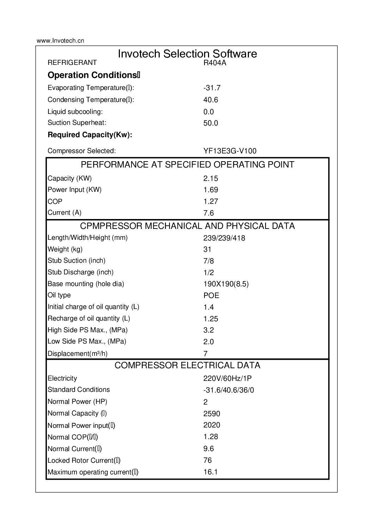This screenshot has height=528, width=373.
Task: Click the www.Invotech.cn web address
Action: (60, 41)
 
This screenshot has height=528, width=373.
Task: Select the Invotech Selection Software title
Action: (187, 54)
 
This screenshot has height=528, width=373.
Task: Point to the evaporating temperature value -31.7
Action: (212, 88)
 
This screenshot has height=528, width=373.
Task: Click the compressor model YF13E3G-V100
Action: (230, 151)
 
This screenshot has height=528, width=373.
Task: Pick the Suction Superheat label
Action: (77, 123)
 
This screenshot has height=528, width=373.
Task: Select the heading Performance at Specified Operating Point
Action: (187, 165)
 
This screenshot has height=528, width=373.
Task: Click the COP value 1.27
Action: (211, 201)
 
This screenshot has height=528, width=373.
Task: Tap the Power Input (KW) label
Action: (74, 190)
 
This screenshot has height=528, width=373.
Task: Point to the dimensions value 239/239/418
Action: (224, 238)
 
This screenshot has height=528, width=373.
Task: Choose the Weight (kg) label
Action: (65, 249)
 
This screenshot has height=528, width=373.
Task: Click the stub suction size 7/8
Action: (209, 261)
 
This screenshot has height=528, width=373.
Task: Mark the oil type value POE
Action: (211, 296)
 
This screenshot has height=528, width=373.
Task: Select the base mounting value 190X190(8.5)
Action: (226, 284)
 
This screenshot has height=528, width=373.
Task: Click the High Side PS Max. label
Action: (87, 330)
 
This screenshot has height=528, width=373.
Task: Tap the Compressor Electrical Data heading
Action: (187, 365)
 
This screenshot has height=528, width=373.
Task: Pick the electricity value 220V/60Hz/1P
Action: (227, 378)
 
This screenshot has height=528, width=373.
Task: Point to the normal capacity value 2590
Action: (212, 413)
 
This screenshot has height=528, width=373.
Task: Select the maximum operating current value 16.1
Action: (210, 472)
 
